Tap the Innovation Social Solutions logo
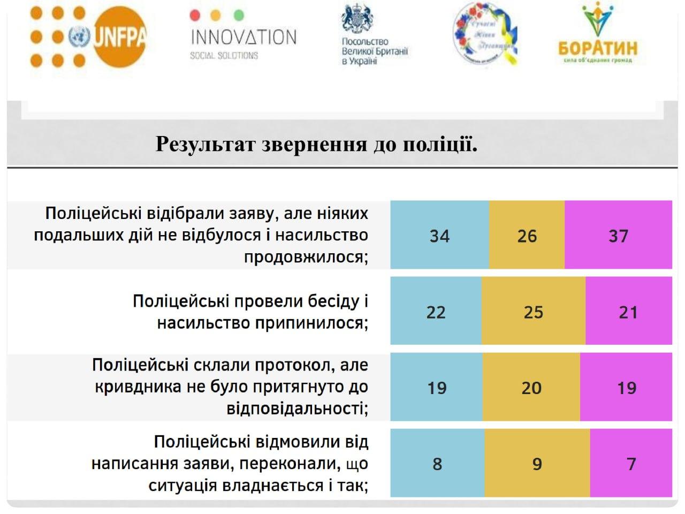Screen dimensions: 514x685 click(243, 36)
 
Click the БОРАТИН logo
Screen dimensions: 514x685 click(598, 35)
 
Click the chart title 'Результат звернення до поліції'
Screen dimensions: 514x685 click(316, 143)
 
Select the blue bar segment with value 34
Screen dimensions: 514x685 click(439, 235)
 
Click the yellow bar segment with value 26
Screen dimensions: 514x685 click(527, 235)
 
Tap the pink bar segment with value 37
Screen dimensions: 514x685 click(618, 235)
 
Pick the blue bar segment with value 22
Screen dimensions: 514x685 click(436, 311)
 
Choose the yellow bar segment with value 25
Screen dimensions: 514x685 click(534, 311)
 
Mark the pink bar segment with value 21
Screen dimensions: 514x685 click(628, 311)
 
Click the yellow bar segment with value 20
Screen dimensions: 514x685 click(531, 387)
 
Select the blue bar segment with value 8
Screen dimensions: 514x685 click(437, 463)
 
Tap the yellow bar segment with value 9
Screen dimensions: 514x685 click(537, 463)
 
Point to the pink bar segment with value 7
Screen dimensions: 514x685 click(631, 463)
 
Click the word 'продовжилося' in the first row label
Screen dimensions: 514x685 click(305, 258)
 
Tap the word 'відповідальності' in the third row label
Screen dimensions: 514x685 click(296, 409)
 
